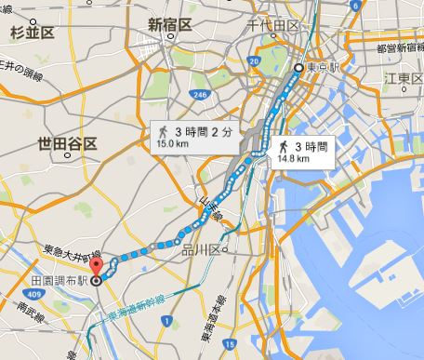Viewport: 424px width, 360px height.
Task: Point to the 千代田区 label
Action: (x=273, y=26)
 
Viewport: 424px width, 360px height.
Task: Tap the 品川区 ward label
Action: (x=200, y=249)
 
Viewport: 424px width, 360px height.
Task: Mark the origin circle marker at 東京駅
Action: (x=299, y=69)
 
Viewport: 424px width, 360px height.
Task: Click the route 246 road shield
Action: (x=199, y=94)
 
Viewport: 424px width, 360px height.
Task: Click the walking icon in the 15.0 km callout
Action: (x=163, y=132)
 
